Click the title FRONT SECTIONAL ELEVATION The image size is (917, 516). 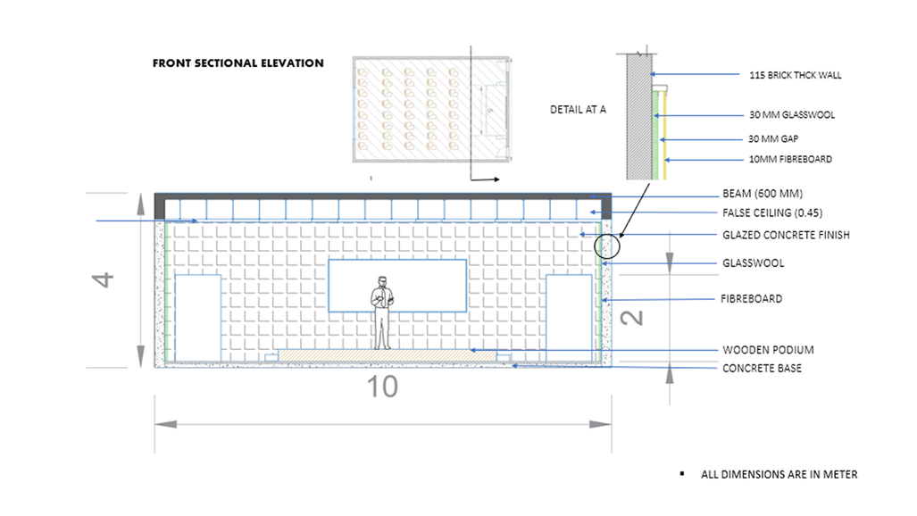point(238,63)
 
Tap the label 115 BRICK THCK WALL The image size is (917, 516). point(795,76)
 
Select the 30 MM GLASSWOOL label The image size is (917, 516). point(791,115)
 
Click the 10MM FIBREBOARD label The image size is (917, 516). point(790,160)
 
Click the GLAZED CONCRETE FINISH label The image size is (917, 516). point(786,236)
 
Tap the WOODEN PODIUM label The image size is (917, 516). point(768,350)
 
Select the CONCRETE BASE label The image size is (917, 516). point(762,368)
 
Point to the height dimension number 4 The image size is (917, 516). point(105,279)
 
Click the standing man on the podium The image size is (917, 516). point(382,312)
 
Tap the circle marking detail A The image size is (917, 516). point(606,246)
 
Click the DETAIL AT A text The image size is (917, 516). point(578,110)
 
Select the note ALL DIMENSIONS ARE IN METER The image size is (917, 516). point(779,474)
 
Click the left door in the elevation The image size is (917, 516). point(197,317)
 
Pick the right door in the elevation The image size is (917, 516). point(569,317)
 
